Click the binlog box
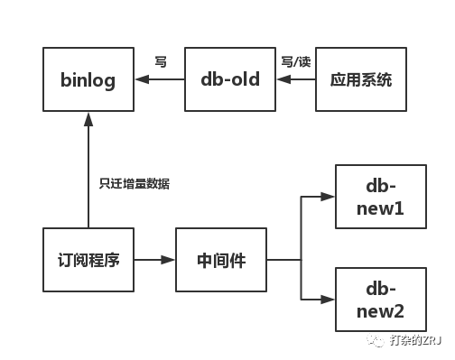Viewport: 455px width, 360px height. click(x=88, y=79)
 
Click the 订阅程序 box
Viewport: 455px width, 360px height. click(x=88, y=260)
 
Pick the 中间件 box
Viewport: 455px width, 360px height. click(x=221, y=260)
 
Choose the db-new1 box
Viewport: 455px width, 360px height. click(x=380, y=197)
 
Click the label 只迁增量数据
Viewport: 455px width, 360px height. click(x=134, y=184)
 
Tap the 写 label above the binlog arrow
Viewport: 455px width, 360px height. click(x=161, y=62)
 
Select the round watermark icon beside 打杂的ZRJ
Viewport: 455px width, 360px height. click(x=376, y=341)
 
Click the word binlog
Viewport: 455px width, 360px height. click(x=88, y=79)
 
